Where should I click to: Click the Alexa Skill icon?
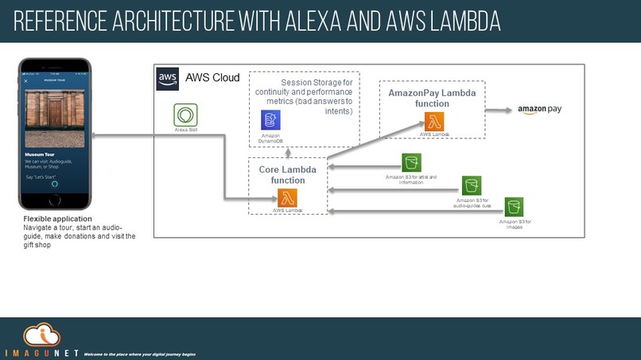click(185, 113)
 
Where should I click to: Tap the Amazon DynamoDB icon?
click(270, 120)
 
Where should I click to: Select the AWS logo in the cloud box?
click(167, 77)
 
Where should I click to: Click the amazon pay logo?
click(539, 109)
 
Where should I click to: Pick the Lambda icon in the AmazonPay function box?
click(434, 122)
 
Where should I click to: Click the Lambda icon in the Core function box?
click(288, 198)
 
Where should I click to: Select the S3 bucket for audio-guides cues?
click(472, 186)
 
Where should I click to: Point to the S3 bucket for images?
click(514, 207)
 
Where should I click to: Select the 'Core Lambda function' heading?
click(287, 175)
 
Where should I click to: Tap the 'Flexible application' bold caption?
click(57, 219)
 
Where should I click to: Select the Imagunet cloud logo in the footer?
click(40, 335)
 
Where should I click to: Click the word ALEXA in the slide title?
click(309, 22)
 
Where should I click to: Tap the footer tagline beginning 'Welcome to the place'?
click(139, 353)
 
